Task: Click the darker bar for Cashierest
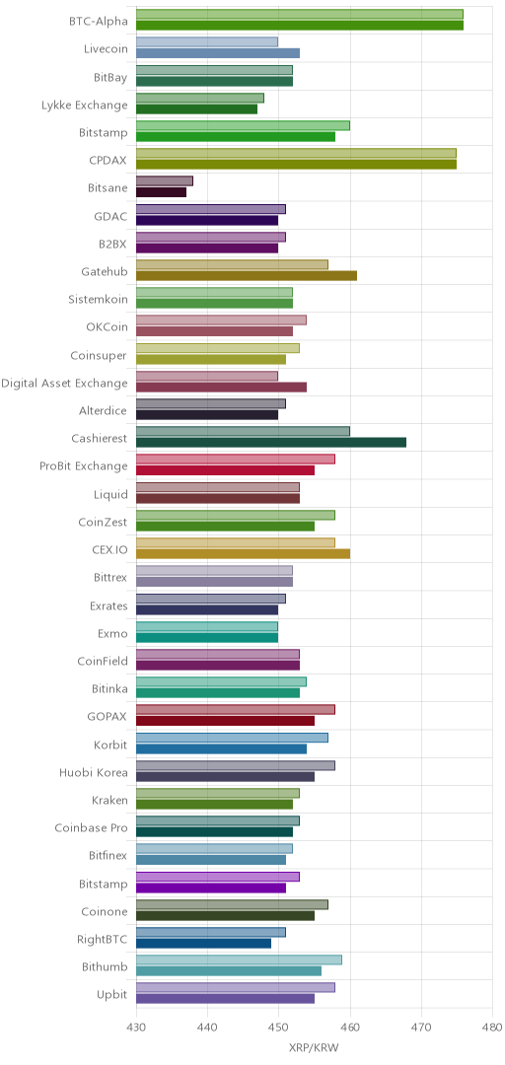[x=271, y=442]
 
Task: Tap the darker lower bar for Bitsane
[x=161, y=192]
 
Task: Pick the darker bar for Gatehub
[x=247, y=275]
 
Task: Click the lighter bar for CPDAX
[x=296, y=153]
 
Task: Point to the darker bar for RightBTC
[x=204, y=944]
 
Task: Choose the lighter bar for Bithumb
[x=240, y=959]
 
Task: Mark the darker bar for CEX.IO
[x=244, y=553]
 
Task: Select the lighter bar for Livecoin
[x=207, y=42]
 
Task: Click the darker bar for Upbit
[x=226, y=998]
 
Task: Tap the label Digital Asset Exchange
[x=64, y=383]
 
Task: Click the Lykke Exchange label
[x=84, y=106]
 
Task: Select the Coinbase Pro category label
[x=91, y=827]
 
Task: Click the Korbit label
[x=110, y=745]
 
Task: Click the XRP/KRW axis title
[x=314, y=1047]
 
